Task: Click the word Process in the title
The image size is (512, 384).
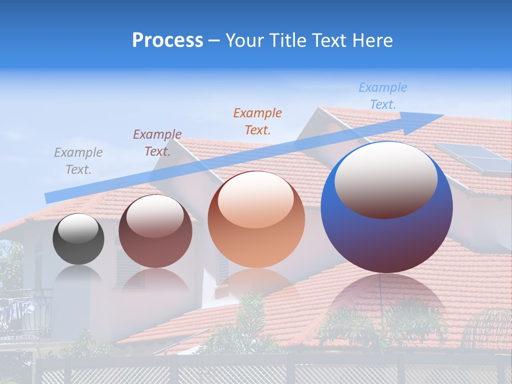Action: point(167,41)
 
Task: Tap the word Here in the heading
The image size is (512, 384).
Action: point(372,41)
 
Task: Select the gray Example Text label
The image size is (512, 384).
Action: point(78,161)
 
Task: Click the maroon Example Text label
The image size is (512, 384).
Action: point(157,142)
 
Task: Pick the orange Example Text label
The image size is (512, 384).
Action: point(257,121)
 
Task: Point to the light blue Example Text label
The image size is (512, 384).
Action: point(382,96)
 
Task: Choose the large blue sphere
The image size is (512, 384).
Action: point(387,235)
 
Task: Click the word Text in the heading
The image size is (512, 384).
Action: point(328,41)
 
